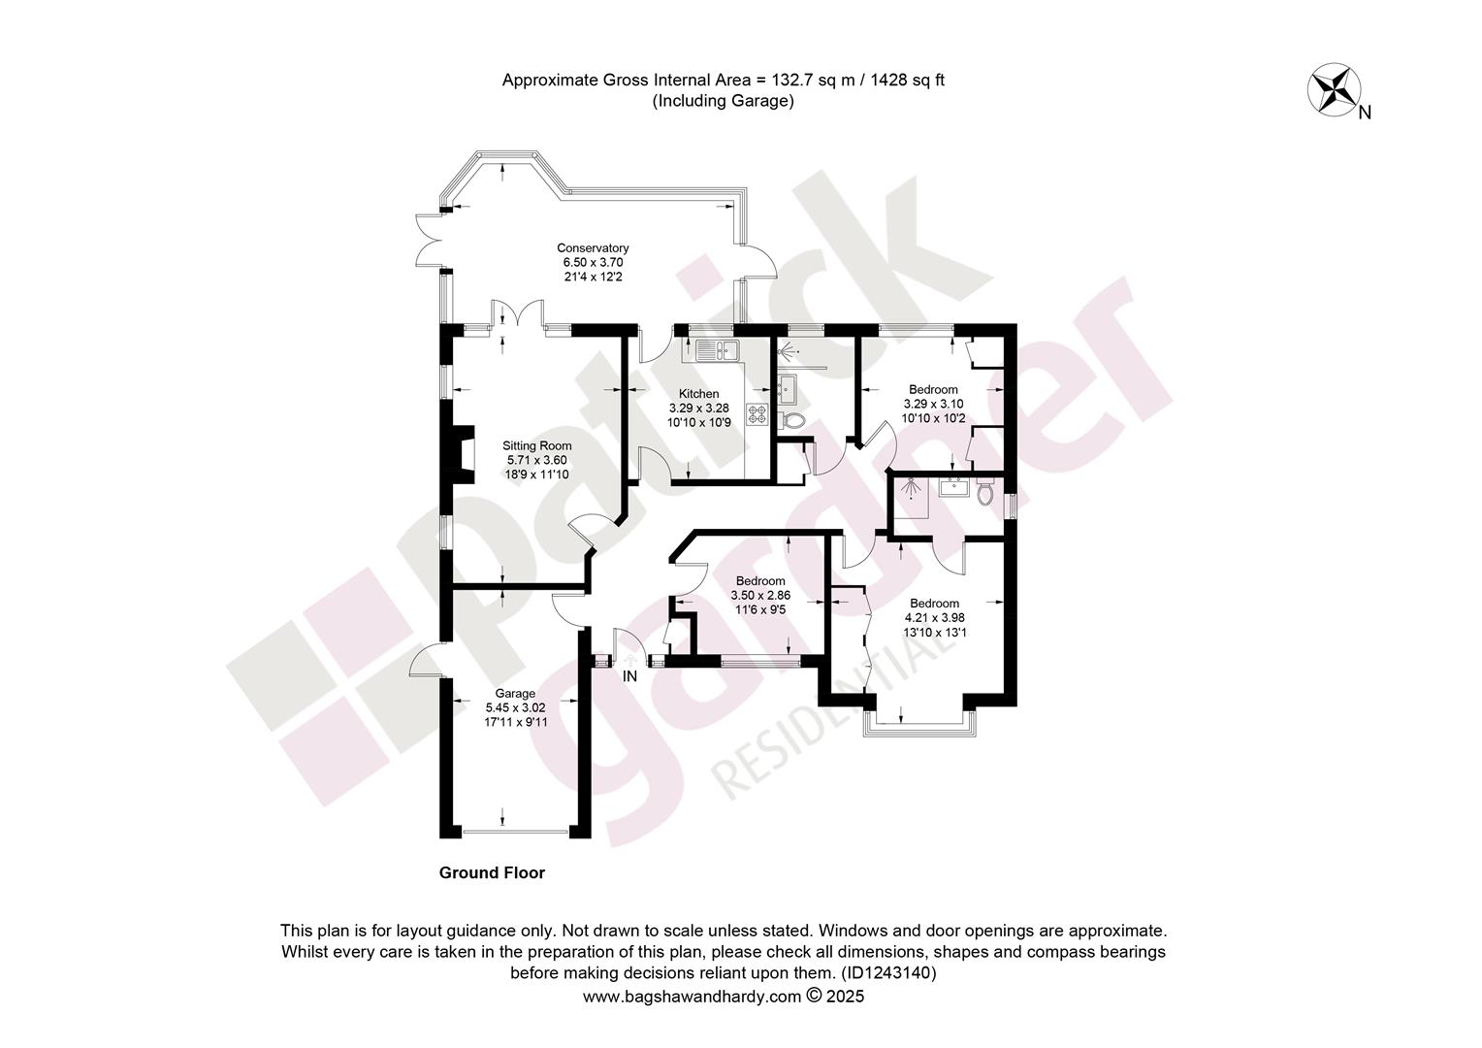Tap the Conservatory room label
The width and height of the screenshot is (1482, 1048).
[593, 247]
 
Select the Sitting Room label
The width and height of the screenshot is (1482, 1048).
[536, 445]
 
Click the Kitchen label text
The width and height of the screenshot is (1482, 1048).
[698, 393]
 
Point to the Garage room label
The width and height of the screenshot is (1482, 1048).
[515, 693]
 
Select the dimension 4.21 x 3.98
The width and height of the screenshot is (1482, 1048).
[934, 618]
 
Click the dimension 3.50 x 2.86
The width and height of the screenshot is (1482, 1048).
[760, 595]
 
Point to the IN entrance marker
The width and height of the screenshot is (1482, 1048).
[629, 676]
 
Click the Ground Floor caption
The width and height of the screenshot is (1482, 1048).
[492, 872]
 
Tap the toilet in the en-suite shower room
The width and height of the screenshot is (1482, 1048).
[985, 492]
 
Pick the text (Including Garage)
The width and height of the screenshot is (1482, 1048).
[724, 101]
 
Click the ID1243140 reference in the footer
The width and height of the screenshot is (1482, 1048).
[887, 972]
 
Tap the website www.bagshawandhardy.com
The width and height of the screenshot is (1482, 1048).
[693, 996]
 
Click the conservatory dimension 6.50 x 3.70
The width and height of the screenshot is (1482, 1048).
[593, 262]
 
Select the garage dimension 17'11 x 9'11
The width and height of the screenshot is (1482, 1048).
[515, 722]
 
